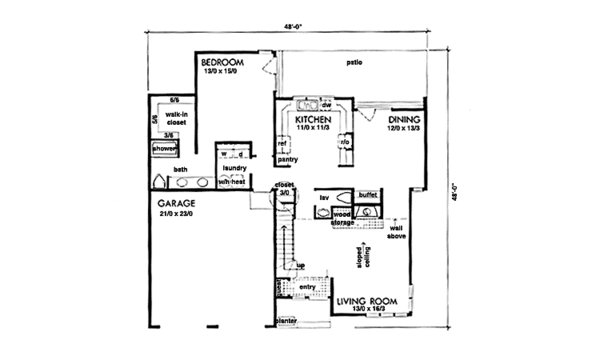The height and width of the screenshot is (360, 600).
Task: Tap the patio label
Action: coord(353,64)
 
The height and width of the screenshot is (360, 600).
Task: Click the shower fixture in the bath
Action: coord(165,149)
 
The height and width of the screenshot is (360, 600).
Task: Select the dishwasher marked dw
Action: coord(327,103)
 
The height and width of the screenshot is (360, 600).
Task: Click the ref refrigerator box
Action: coord(282,144)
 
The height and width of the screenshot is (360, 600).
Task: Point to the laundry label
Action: coord(234,170)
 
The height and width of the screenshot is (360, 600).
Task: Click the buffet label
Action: coord(367,194)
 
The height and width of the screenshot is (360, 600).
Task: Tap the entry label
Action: coord(307,288)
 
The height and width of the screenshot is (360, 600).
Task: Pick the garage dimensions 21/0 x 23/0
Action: coord(178,212)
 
